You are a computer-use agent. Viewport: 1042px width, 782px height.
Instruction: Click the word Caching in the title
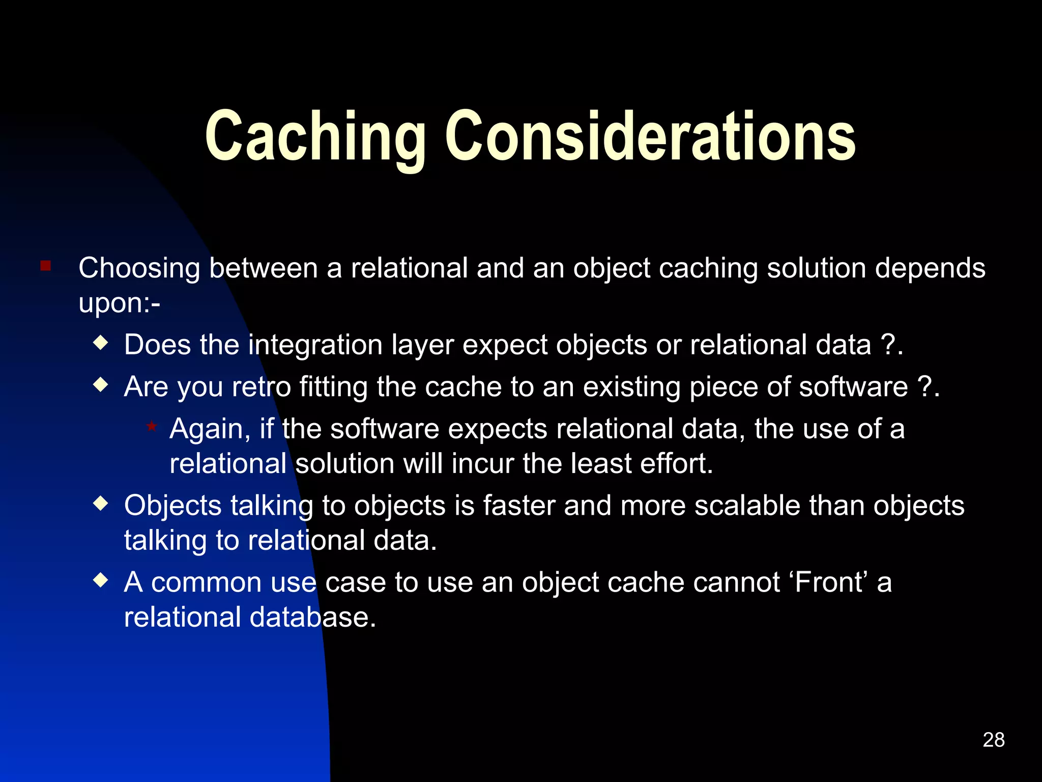click(x=315, y=136)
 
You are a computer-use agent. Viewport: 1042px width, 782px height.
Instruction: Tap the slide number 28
click(x=993, y=740)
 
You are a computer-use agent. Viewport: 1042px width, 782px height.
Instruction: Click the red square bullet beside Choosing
click(x=46, y=266)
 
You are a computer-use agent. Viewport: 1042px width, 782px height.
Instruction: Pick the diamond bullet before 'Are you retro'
click(x=101, y=384)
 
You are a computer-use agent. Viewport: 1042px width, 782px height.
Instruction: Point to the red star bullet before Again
click(x=152, y=426)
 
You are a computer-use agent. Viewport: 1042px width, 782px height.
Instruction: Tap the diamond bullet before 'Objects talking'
click(x=101, y=504)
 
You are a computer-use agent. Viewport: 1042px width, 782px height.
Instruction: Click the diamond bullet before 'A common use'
click(x=101, y=580)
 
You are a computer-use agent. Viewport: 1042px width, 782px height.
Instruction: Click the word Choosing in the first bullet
click(x=139, y=269)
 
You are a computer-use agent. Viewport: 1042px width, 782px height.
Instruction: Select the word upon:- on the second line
click(x=119, y=304)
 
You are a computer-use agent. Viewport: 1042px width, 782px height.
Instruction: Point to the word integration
click(x=315, y=346)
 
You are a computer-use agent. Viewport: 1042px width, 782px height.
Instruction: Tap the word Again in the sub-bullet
click(x=210, y=429)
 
